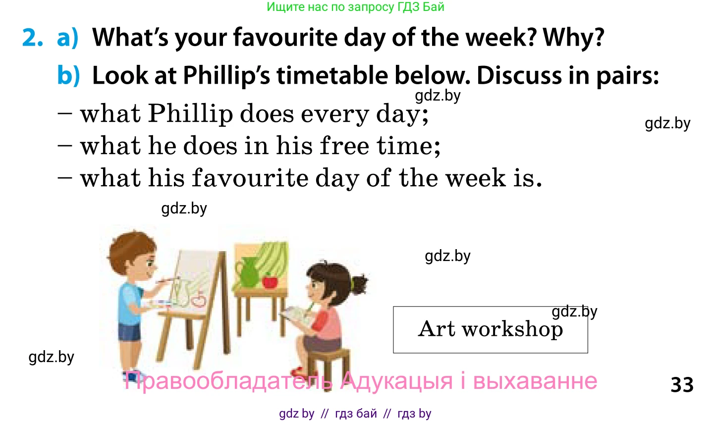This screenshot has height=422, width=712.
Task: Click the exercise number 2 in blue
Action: pyautogui.click(x=33, y=38)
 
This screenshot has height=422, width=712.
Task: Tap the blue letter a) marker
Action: pyautogui.click(x=68, y=38)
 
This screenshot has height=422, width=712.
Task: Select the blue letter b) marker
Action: pyautogui.click(x=68, y=76)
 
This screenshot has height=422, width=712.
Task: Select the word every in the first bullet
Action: pyautogui.click(x=335, y=114)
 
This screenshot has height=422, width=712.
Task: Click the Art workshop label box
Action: pyautogui.click(x=490, y=329)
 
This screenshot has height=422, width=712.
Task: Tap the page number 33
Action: pyautogui.click(x=682, y=385)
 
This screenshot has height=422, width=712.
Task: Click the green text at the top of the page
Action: pyautogui.click(x=355, y=7)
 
